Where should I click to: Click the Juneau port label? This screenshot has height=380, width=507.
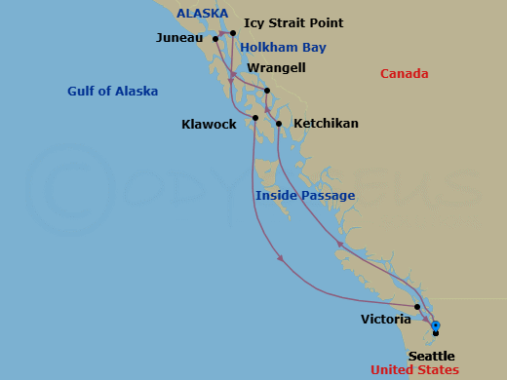(x=179, y=38)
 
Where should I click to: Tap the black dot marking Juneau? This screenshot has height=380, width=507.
(x=215, y=39)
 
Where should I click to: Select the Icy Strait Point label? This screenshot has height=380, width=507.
(x=293, y=22)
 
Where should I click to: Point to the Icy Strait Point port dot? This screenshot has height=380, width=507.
(x=233, y=33)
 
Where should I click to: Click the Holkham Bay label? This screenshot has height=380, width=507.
(x=283, y=47)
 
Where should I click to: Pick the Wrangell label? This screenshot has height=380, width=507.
(x=276, y=68)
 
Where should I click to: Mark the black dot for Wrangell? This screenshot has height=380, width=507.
(x=266, y=92)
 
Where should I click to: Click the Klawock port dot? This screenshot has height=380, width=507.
(x=255, y=118)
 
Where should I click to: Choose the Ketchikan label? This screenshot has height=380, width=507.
(x=326, y=124)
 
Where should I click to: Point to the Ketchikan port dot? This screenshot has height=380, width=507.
(x=279, y=124)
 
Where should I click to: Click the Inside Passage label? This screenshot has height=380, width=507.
(x=305, y=196)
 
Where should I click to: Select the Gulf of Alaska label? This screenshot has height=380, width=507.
(x=113, y=92)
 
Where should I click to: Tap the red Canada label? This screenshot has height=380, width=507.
(x=404, y=74)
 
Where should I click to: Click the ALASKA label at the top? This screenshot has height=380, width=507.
(x=202, y=13)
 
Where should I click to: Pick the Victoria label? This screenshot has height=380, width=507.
(x=386, y=319)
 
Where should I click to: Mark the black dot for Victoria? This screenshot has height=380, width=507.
(x=417, y=307)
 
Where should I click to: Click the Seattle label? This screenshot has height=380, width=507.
(x=431, y=356)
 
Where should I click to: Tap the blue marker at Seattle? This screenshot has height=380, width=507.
(x=436, y=325)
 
